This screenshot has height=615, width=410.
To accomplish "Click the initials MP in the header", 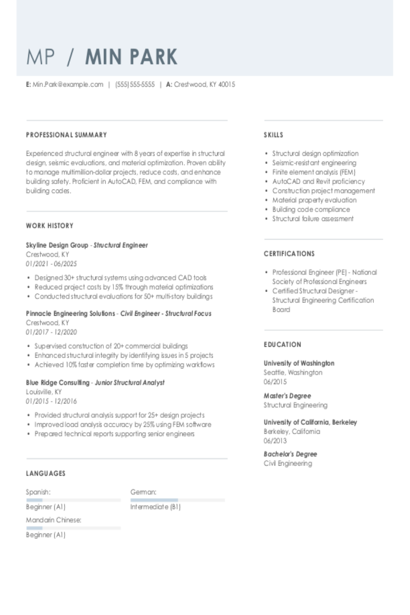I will (x=41, y=57).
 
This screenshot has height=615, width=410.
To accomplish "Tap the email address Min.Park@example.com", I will (x=68, y=84).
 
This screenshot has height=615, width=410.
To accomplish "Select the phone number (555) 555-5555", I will (x=135, y=84).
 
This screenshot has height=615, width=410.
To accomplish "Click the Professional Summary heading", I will (x=67, y=135).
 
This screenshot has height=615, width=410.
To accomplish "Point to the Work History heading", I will (x=50, y=225).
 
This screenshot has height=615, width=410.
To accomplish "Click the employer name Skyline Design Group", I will (x=57, y=245).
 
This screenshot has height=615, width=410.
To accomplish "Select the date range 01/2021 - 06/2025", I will (x=51, y=264).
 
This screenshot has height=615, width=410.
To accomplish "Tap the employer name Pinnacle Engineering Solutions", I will (x=71, y=313).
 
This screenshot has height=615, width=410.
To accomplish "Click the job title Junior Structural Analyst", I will (x=129, y=383).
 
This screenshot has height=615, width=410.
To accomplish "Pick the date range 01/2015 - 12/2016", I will (x=51, y=401).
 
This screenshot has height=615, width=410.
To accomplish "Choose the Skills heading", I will (x=273, y=135).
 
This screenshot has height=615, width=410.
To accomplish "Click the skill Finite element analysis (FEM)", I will (x=314, y=172).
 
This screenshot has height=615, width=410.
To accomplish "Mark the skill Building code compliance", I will (x=311, y=210).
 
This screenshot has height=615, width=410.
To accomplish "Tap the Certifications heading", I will (x=289, y=254).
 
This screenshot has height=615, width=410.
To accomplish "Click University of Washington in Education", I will (x=299, y=363).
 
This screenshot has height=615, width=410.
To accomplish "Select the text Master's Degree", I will (x=287, y=396).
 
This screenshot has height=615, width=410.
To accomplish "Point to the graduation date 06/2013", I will (x=275, y=441).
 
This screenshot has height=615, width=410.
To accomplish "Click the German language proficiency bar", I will (x=178, y=500).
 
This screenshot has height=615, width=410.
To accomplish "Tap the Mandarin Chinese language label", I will (x=54, y=520).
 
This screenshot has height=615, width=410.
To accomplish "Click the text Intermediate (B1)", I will (x=155, y=507).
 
